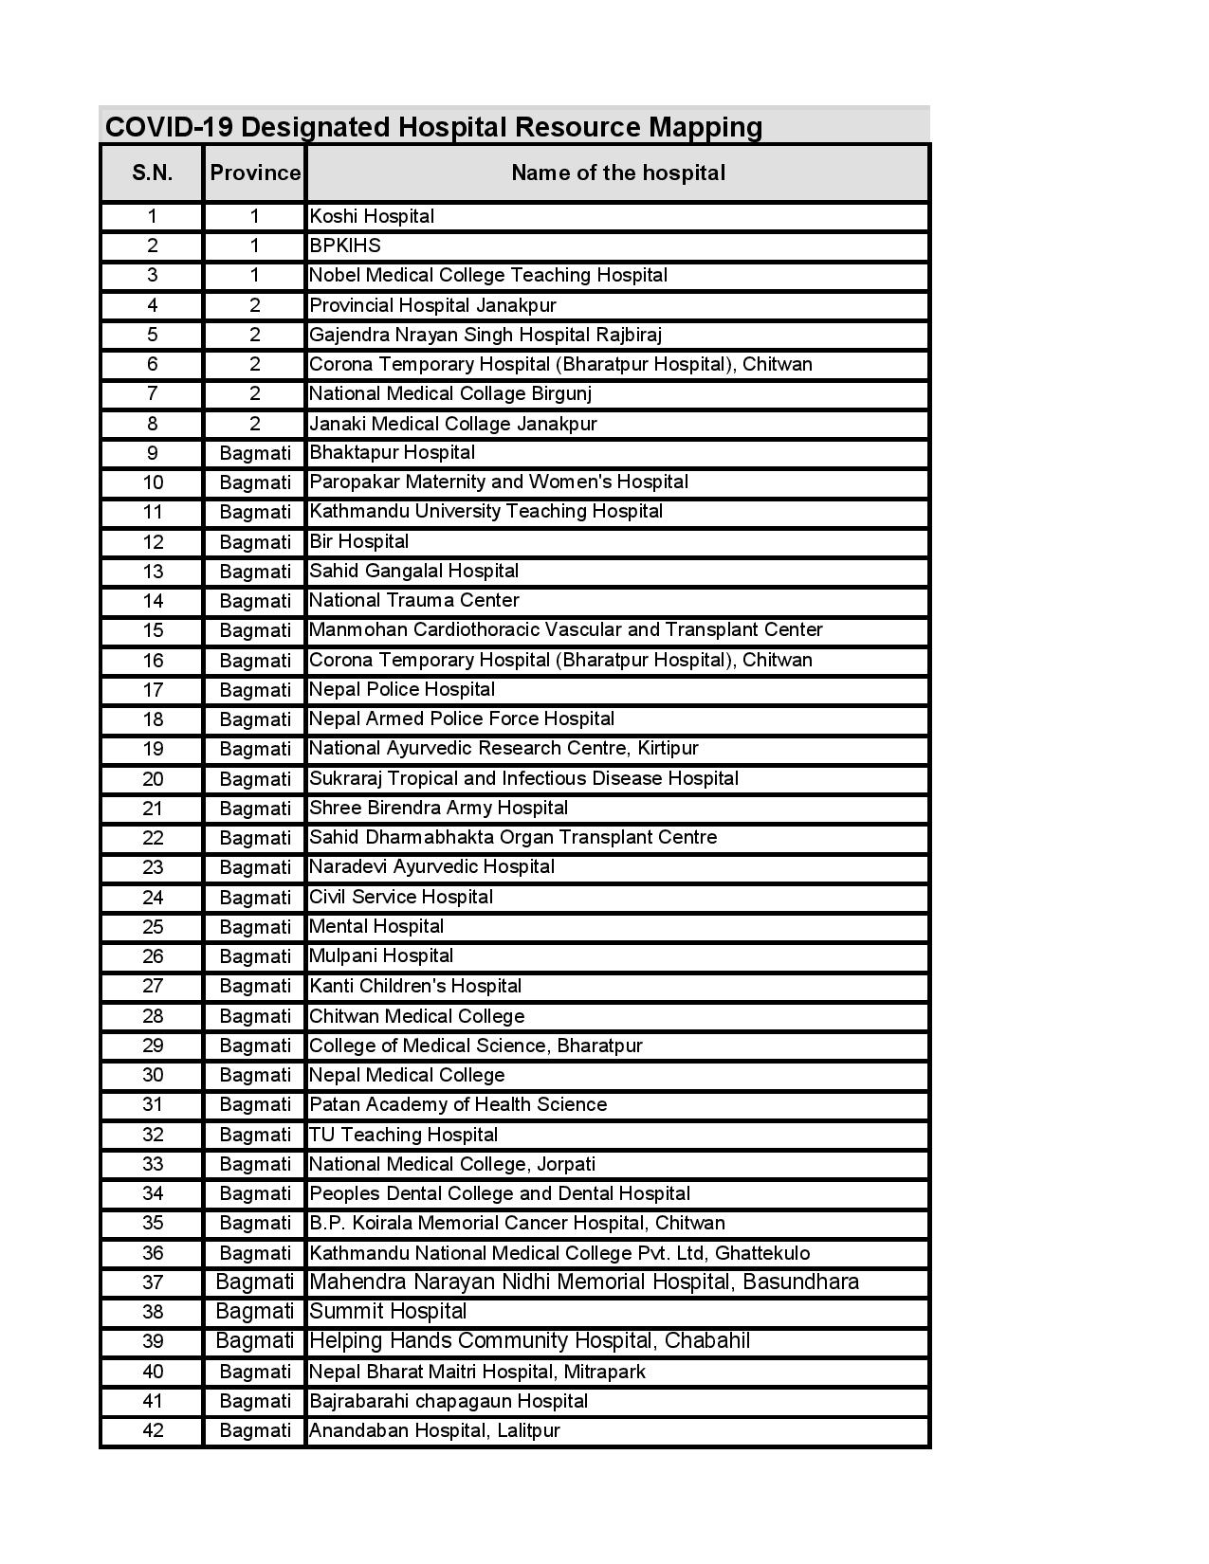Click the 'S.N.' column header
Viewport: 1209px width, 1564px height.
[x=152, y=173]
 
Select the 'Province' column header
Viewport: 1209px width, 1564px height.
[x=255, y=173]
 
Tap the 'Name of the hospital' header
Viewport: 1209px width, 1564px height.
[x=617, y=173]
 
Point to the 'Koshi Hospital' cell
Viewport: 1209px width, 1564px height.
[x=372, y=216]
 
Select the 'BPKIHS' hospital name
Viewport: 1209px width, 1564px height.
[x=345, y=246]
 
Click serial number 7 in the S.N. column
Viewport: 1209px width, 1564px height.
[x=152, y=393]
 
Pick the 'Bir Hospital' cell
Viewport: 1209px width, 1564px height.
[x=359, y=541]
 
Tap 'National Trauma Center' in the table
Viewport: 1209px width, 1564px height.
[x=414, y=600]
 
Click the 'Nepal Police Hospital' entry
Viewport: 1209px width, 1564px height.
[x=402, y=689]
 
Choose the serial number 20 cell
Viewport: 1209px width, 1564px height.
[x=152, y=778]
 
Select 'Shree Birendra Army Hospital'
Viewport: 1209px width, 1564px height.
[x=439, y=808]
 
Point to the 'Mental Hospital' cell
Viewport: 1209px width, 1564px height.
[x=376, y=926]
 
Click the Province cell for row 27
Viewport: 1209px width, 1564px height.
[x=255, y=986]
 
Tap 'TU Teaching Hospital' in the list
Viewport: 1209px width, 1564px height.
[x=404, y=1135]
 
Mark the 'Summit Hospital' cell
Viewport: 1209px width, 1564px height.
[x=389, y=1311]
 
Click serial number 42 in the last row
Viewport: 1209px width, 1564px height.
[x=152, y=1430]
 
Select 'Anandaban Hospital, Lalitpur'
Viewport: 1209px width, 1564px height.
[x=435, y=1430]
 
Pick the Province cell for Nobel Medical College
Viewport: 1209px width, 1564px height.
[x=255, y=275]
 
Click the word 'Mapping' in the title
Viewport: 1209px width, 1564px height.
[x=705, y=127]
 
